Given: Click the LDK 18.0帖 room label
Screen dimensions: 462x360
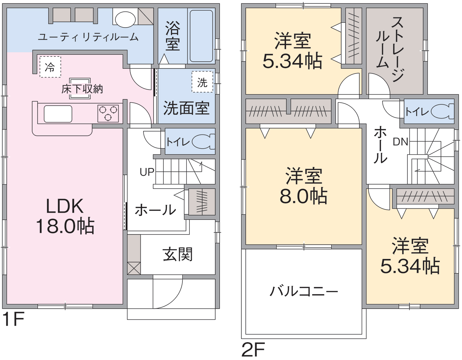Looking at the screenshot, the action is point(65,216).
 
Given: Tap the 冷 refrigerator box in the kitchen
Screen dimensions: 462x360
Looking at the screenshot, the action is point(50,67).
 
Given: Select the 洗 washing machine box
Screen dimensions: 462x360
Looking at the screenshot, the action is point(202,82).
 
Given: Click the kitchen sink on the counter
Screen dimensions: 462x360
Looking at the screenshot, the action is point(58,114).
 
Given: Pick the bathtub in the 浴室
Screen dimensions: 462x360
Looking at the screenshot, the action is point(201,36).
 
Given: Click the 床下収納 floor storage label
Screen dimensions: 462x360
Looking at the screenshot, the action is point(82,89).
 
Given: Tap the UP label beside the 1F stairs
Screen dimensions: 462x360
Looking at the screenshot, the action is point(147,172).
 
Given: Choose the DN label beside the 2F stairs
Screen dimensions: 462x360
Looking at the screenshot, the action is point(400,142).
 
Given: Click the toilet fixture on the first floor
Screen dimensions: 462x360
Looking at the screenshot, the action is point(203,141).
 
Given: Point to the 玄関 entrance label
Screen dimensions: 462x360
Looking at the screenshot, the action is point(178,254).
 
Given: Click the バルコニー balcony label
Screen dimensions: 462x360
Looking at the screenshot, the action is point(304,291).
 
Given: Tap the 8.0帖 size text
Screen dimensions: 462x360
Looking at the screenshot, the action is point(303,196).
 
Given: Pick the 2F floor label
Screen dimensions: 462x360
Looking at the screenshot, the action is point(253,349).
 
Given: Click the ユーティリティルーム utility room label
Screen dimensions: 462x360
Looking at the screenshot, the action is point(88,37).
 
